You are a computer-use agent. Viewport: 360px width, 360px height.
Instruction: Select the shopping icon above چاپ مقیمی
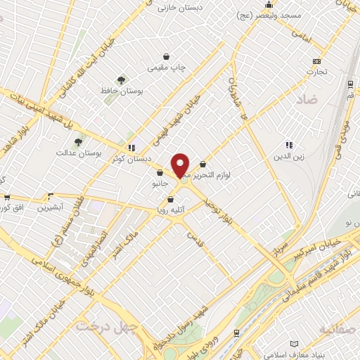coord(166,57)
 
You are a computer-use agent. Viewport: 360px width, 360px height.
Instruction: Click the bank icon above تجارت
coord(316,60)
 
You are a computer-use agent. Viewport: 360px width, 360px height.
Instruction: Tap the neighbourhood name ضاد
coord(307,101)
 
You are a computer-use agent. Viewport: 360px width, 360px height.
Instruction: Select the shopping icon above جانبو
coord(160,173)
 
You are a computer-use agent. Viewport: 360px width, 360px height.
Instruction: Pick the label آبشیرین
coord(51,207)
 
